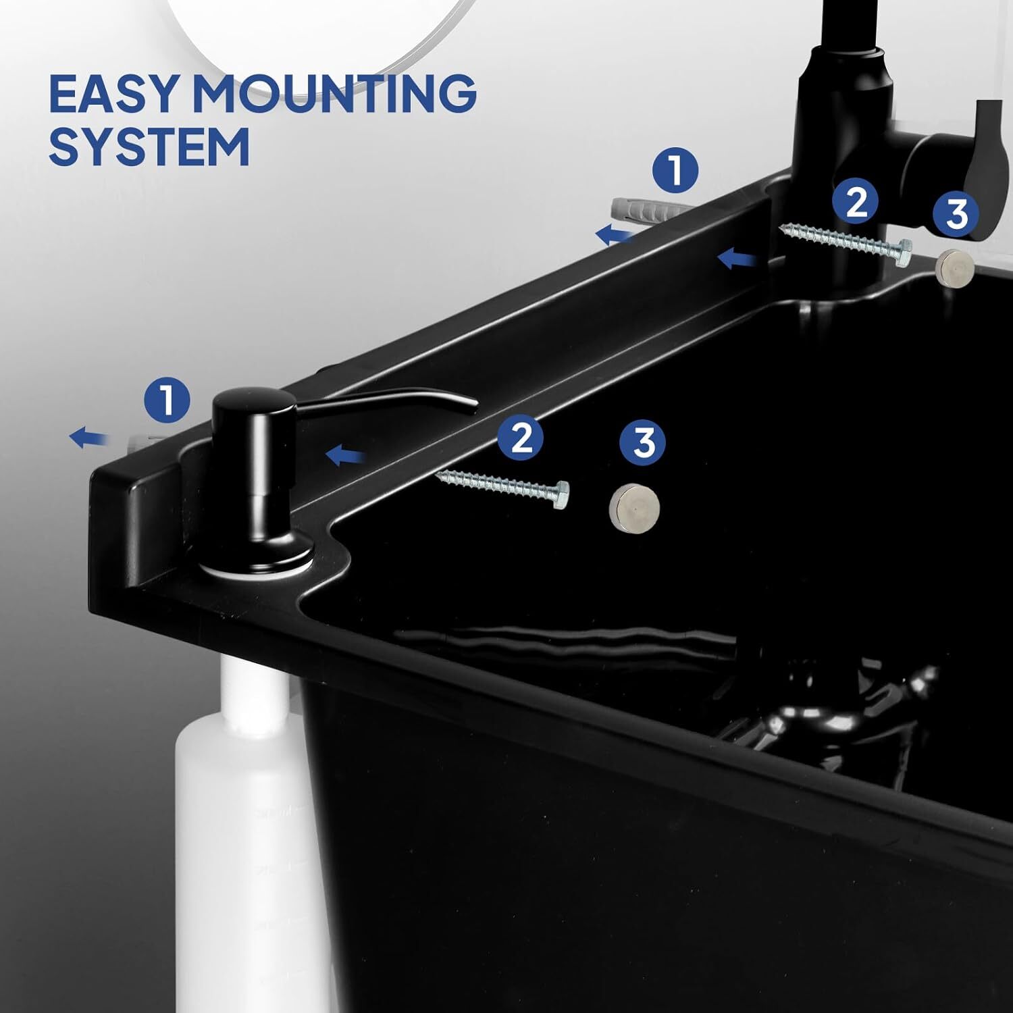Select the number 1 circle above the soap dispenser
pos(167,399)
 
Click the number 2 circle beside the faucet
pos(855,201)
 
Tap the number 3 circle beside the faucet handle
pos(957,213)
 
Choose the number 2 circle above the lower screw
pos(522,438)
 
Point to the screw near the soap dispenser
pos(502,485)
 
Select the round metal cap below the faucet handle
pos(954,265)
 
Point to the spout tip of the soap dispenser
pos(472,405)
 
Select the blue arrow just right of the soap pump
pos(346,456)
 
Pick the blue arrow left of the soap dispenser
pos(88,438)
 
